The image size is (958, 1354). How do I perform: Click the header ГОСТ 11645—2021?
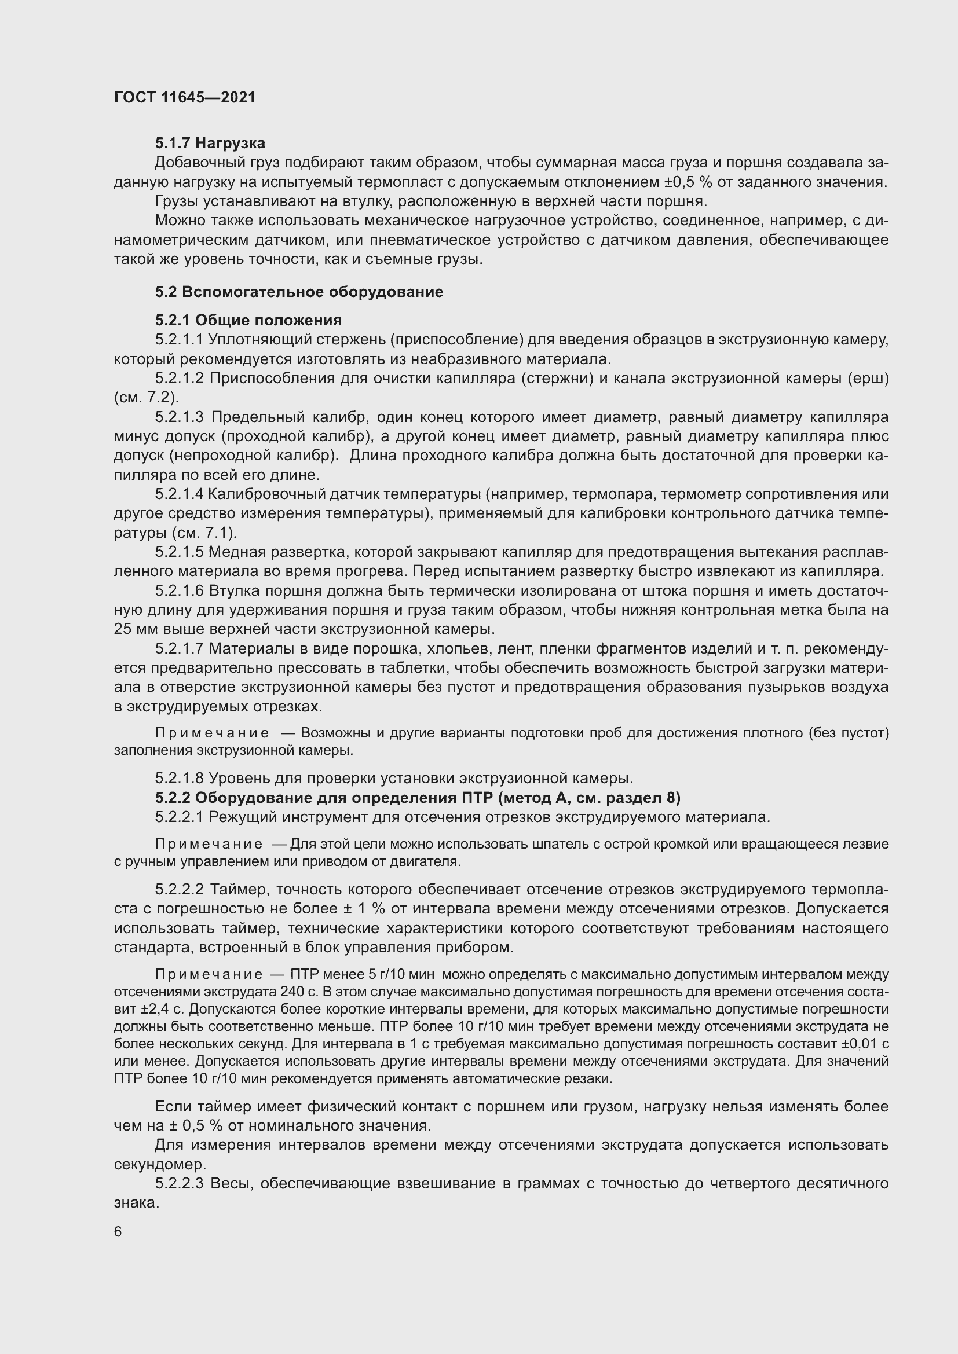click(x=185, y=97)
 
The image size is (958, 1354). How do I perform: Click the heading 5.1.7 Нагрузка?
click(x=210, y=144)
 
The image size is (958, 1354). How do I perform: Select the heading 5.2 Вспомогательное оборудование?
click(x=299, y=292)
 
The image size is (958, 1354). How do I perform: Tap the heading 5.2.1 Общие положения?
click(x=248, y=320)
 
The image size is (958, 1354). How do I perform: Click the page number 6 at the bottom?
click(x=118, y=1232)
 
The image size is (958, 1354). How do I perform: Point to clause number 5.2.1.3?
click(x=180, y=417)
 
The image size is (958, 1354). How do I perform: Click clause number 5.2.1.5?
click(x=180, y=552)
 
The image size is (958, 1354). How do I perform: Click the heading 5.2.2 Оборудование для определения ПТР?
click(x=418, y=798)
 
